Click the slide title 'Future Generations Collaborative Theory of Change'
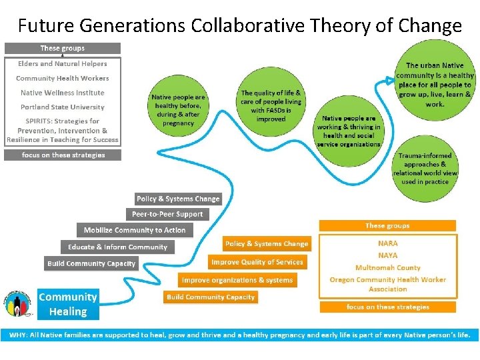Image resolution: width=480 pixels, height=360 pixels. (240, 25)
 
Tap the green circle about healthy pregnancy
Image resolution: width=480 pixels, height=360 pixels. (178, 109)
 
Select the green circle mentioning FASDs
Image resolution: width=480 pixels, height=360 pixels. (271, 106)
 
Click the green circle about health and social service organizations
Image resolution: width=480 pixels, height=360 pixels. (349, 131)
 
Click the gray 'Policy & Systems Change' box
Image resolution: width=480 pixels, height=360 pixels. (178, 199)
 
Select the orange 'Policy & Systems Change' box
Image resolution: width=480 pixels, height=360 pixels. (267, 244)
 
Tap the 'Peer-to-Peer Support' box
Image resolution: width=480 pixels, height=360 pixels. (167, 214)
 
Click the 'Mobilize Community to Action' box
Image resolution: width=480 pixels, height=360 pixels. (135, 230)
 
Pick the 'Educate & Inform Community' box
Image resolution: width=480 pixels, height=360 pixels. (117, 247)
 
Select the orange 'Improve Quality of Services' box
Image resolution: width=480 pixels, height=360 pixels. (257, 262)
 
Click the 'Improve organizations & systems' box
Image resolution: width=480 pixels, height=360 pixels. (237, 280)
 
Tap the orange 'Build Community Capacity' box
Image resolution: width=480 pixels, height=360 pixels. (211, 297)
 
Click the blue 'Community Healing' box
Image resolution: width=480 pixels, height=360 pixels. (68, 304)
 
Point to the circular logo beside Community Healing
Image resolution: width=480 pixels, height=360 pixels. (18, 305)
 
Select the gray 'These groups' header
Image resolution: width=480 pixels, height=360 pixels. (63, 48)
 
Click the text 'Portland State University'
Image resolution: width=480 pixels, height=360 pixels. (63, 107)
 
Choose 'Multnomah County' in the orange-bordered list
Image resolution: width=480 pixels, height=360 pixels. (388, 267)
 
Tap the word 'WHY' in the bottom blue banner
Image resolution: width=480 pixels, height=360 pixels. (15, 335)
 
